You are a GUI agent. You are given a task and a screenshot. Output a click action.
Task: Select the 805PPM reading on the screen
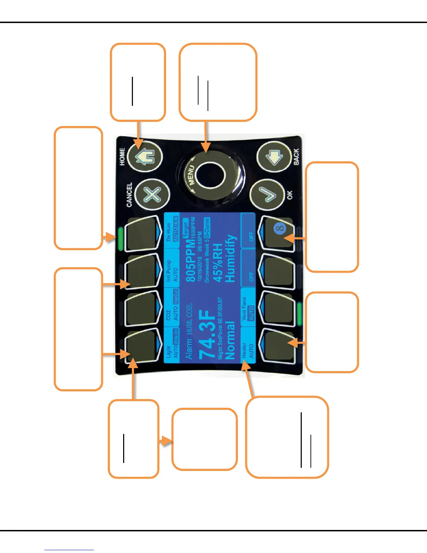pos(190,260)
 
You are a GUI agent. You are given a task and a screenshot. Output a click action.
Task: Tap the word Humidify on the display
pos(231,258)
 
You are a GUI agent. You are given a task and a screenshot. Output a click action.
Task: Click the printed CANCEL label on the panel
pos(129,194)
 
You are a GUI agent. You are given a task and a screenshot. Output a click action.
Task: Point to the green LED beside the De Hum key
pos(120,239)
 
